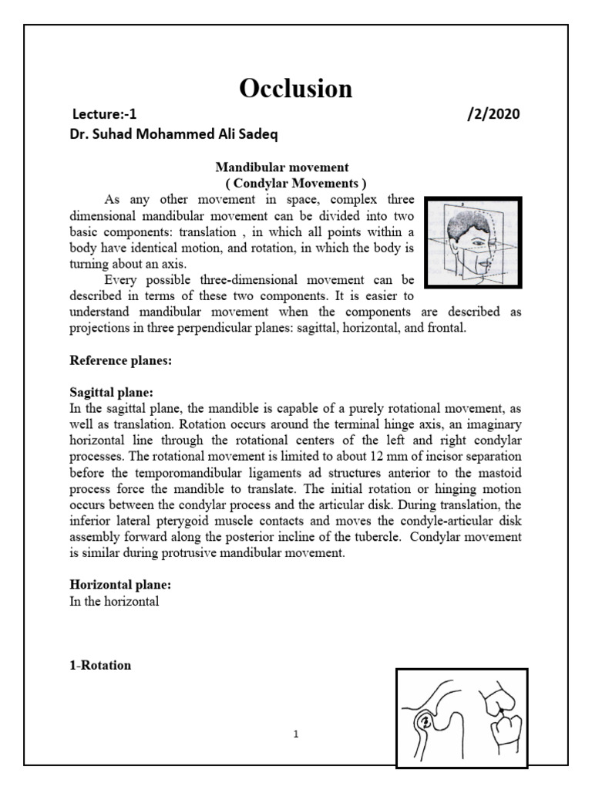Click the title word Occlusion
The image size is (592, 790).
(x=296, y=89)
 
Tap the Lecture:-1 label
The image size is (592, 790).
(x=103, y=114)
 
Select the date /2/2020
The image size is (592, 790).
(x=493, y=114)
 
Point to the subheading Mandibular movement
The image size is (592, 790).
(x=282, y=167)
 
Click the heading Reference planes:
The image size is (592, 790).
(x=116, y=360)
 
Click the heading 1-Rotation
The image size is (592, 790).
(x=100, y=665)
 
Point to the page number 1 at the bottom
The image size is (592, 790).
(x=295, y=734)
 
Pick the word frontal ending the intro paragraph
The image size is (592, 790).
(x=441, y=328)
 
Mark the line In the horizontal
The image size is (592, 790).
(x=114, y=602)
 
